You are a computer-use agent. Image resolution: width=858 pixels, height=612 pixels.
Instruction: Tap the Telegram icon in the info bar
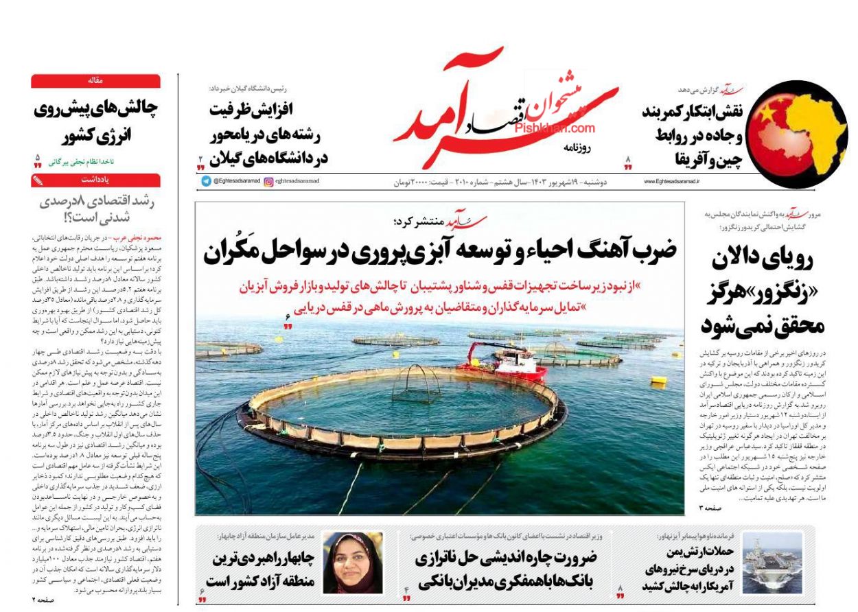[x=206, y=181]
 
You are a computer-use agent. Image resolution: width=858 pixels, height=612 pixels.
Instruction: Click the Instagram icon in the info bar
[x=268, y=181]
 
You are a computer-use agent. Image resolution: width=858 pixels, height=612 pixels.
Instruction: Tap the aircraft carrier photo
[x=772, y=563]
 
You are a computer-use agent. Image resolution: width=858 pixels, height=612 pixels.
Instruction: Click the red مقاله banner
[x=95, y=81]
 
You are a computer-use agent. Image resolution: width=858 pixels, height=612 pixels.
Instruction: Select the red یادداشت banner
[x=95, y=180]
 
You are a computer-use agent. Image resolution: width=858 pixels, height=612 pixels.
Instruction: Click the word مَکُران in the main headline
[x=231, y=252]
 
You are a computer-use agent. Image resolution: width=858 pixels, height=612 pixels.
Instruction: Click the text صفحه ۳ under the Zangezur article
[x=710, y=507]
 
